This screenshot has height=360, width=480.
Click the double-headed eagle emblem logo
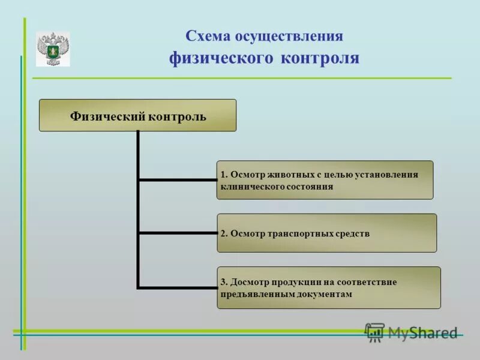click(x=53, y=49)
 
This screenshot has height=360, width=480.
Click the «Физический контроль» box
click(x=137, y=116)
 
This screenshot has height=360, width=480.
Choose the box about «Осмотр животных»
click(x=325, y=180)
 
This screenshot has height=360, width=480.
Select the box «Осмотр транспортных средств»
click(x=326, y=233)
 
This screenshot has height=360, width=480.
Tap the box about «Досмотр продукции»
click(x=329, y=288)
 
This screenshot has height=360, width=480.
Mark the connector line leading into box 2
click(x=178, y=233)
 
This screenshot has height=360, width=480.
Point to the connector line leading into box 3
click(x=178, y=287)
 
